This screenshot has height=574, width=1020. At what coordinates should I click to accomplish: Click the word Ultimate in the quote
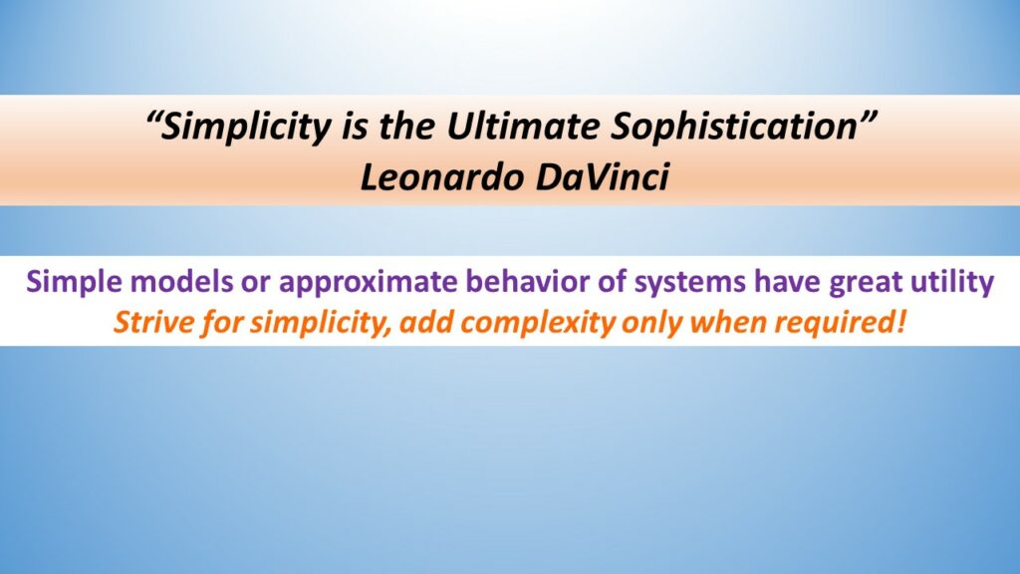(522, 126)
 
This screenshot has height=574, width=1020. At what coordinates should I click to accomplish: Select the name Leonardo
(441, 177)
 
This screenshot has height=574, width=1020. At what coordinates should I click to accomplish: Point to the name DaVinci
(603, 177)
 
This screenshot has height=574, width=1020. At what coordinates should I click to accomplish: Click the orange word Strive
(153, 322)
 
